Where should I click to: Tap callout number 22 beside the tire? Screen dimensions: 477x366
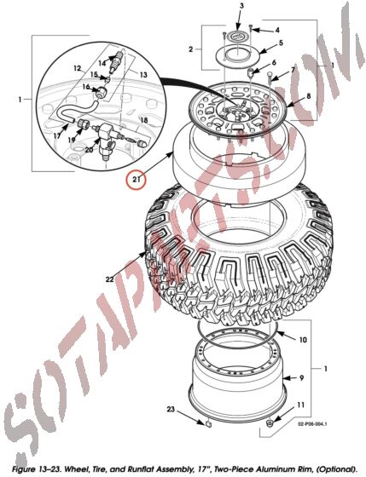pos(109,279)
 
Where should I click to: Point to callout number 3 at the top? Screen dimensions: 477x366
pos(241,7)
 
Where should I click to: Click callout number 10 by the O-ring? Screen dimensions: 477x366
pos(303,340)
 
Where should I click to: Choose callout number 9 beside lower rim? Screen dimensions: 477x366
pos(300,377)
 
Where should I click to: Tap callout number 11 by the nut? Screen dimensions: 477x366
pos(299,405)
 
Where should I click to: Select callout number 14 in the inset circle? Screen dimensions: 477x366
pos(102,62)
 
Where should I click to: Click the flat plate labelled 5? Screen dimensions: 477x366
pos(238,57)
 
